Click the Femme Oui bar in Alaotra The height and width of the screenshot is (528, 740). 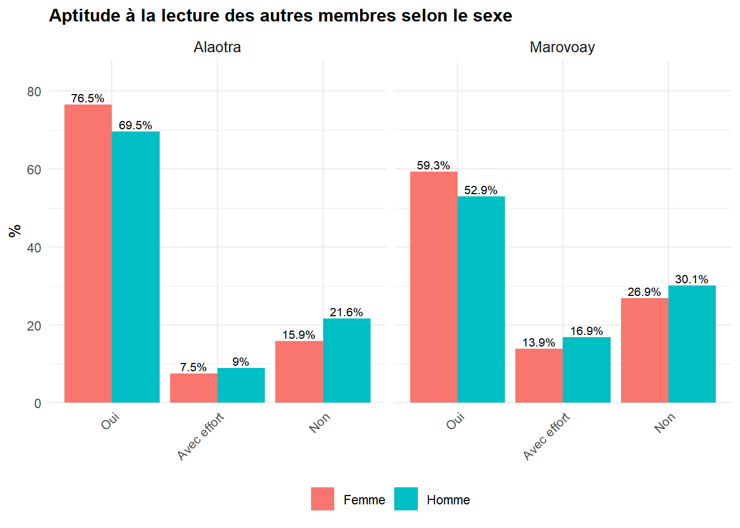click(88, 254)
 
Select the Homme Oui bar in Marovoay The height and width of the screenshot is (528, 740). click(481, 300)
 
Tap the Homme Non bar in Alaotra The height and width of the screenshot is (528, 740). click(346, 361)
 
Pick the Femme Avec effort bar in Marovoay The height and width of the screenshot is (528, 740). click(539, 376)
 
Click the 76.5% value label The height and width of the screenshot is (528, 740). click(88, 98)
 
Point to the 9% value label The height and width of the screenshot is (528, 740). click(241, 362)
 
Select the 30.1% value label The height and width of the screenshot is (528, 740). click(692, 279)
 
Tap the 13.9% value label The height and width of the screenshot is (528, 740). click(538, 343)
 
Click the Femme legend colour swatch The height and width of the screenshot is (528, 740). click(323, 499)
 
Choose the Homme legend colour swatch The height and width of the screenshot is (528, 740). click(406, 499)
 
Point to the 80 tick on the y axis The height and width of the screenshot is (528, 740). click(34, 92)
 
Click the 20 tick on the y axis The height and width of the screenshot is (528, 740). click(34, 326)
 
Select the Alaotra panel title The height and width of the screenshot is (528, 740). click(217, 47)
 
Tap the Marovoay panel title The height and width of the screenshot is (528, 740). click(562, 47)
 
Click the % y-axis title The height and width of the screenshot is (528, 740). click(15, 231)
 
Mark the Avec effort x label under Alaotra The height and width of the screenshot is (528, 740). click(201, 436)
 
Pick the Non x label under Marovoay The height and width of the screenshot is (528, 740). click(665, 423)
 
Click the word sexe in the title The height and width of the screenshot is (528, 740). click(492, 16)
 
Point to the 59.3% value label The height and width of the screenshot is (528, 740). click(433, 166)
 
